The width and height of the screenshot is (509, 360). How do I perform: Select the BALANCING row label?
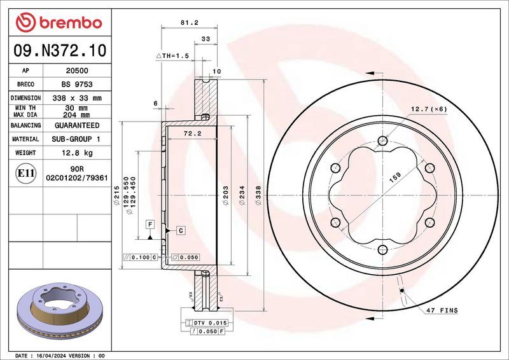click(x=25, y=125)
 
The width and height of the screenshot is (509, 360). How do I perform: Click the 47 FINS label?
click(x=442, y=310)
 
